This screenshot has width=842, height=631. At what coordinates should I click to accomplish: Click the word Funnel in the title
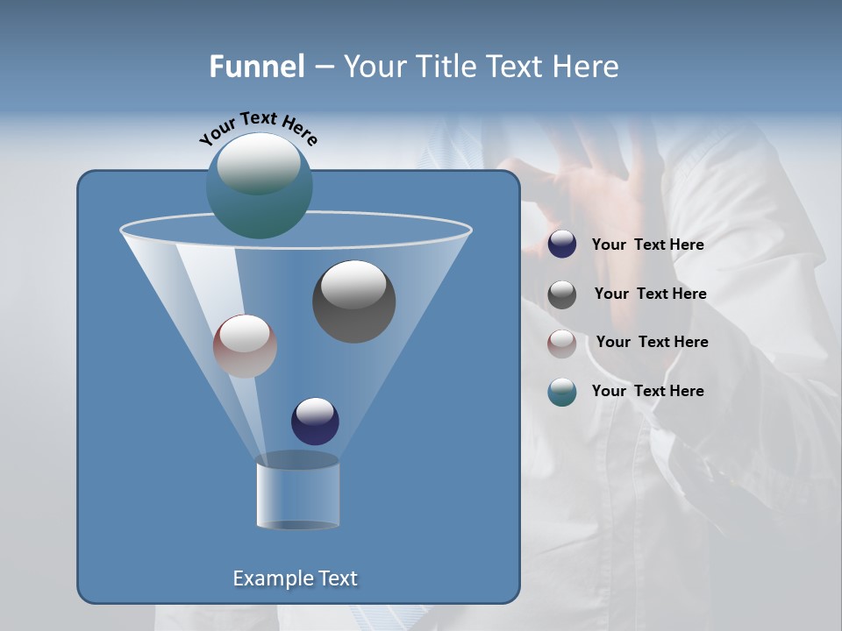click(256, 67)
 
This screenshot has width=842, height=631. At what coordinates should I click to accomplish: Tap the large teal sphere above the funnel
click(259, 185)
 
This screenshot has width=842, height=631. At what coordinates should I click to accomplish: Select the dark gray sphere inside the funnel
click(353, 301)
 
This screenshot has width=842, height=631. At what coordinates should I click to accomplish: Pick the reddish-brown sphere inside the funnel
click(245, 345)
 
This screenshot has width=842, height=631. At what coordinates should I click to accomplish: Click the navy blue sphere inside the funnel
click(315, 421)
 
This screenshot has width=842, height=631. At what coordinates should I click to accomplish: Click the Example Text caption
click(296, 578)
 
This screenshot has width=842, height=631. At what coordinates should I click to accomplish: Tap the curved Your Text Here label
click(259, 128)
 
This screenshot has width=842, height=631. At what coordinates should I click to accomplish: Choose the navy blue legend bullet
click(562, 245)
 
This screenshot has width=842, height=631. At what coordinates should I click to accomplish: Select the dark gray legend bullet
click(562, 294)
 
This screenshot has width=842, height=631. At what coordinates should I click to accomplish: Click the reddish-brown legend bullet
click(562, 343)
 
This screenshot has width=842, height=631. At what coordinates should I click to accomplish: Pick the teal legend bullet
click(562, 392)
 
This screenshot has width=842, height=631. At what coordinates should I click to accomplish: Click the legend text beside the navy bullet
click(647, 245)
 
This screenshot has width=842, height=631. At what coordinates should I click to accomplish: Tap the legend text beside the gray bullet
click(650, 294)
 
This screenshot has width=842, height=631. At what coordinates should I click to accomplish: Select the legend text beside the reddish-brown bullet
click(652, 343)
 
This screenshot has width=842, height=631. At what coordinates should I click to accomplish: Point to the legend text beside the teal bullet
click(647, 392)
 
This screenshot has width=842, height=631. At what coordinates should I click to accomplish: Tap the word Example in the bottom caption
click(271, 578)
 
